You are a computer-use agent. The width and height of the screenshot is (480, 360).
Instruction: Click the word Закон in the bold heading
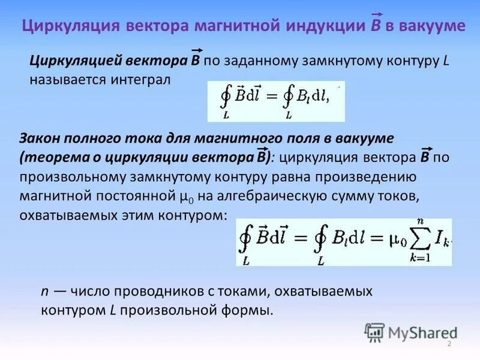pyautogui.click(x=40, y=139)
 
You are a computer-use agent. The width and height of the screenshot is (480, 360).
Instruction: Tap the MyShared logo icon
pyautogui.click(x=374, y=332)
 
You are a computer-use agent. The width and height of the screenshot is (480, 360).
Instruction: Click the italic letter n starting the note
pyautogui.click(x=44, y=292)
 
